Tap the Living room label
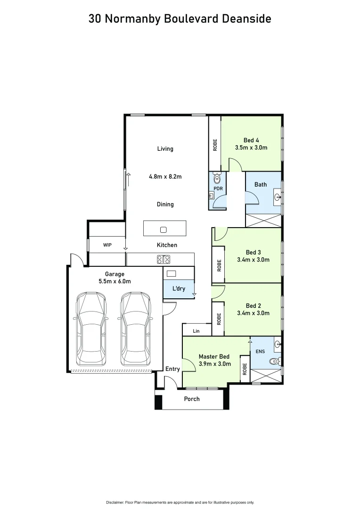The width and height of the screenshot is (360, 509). point(165,148)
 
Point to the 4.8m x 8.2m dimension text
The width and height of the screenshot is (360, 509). point(165,177)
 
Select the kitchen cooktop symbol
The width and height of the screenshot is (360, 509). point(164,259)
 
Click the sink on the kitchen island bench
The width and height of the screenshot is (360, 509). point(163,230)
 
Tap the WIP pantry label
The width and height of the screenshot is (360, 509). point(107,245)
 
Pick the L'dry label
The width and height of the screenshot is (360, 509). point(179,288)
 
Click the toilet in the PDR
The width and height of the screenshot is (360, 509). point(217,179)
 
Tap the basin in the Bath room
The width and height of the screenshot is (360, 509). point(278,197)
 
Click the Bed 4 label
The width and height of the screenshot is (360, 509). point(251,140)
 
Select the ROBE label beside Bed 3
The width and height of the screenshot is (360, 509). point(219,265)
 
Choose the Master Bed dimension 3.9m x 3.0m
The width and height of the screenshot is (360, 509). point(214,364)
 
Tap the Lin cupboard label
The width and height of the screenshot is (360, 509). point(196,331)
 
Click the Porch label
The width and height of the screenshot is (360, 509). point(191,399)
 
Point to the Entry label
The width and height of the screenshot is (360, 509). point(172,369)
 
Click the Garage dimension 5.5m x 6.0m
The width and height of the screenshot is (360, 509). point(115,281)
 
